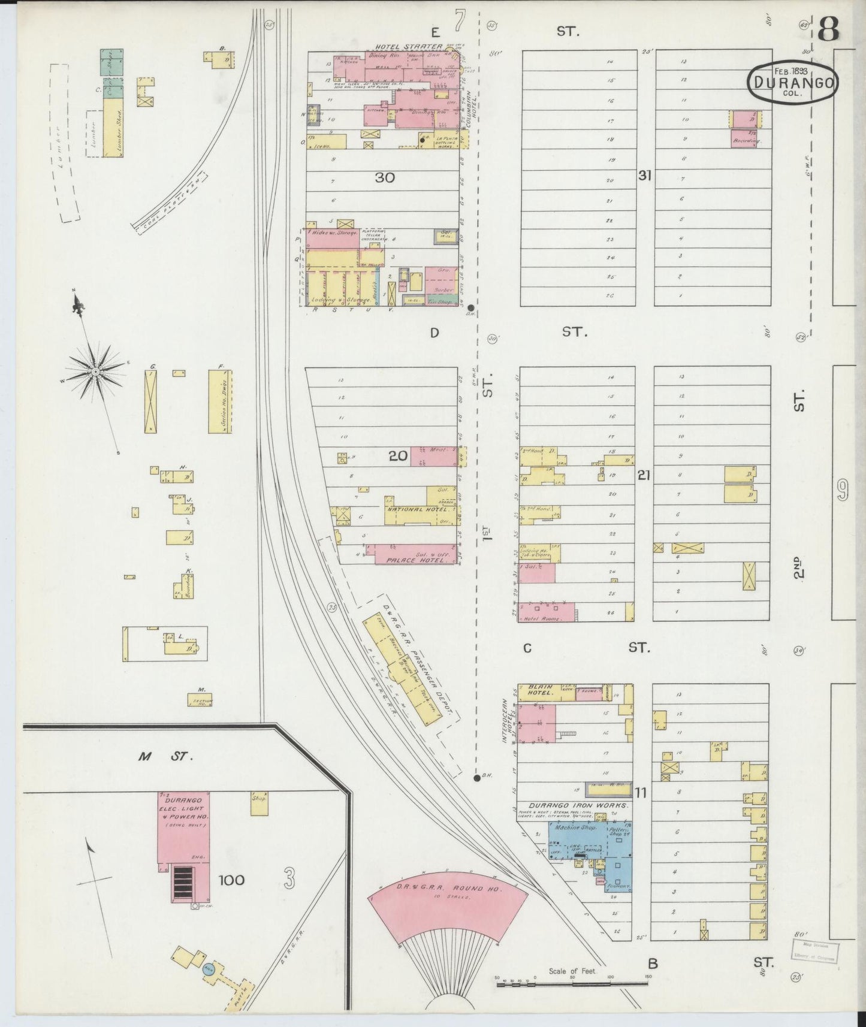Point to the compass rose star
95,372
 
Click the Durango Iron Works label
578,806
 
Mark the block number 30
385,177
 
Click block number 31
645,176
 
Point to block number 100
231,880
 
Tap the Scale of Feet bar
573,983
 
